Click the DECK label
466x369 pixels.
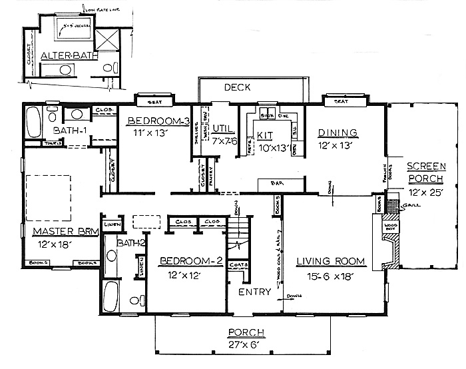[x=236, y=87]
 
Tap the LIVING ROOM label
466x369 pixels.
[x=326, y=261]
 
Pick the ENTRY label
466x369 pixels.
[x=254, y=291]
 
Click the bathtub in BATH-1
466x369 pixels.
[x=33, y=122]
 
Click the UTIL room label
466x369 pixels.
[x=221, y=127]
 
